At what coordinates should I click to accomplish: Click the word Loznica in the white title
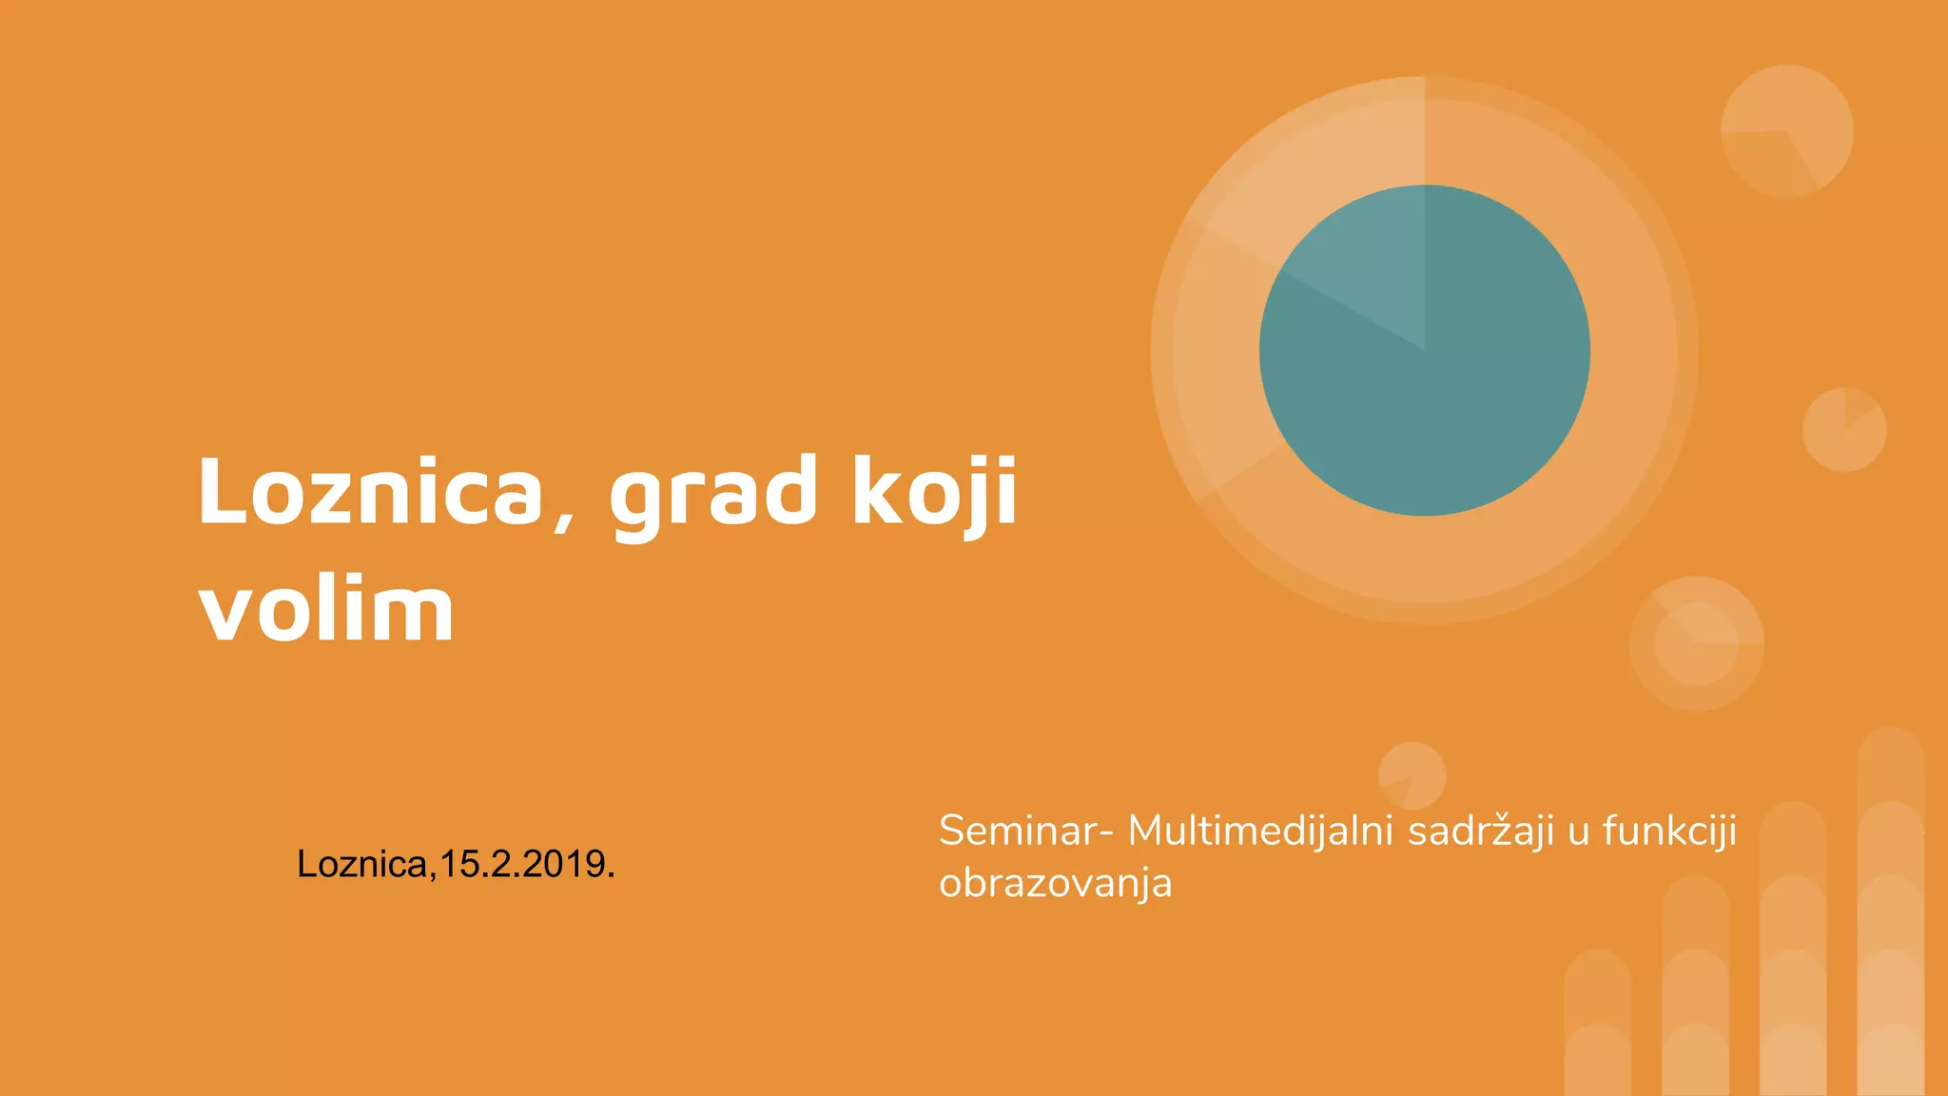point(369,492)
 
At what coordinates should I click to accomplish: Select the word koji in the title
point(935,492)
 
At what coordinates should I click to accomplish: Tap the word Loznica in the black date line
point(362,864)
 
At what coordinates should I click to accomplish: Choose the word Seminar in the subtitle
point(1017,831)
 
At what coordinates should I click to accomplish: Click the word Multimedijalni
point(1260,831)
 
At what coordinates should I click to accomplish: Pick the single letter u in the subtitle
point(1579,832)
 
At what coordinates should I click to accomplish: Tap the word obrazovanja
point(1055,884)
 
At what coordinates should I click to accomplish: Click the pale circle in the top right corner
point(1786,131)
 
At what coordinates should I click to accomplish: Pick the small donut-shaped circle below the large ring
point(1697,643)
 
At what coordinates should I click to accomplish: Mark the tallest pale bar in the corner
point(1890,913)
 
